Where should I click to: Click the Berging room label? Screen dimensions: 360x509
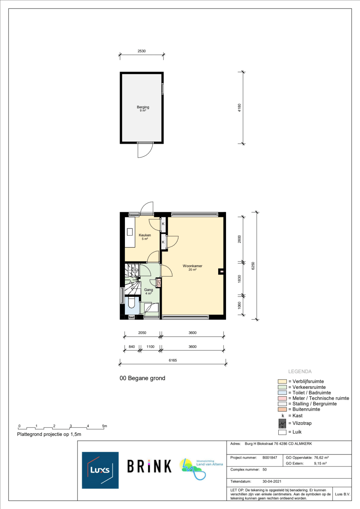(143, 107)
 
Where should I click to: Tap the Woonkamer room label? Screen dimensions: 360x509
(192, 266)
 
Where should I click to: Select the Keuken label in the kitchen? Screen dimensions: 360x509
(145, 235)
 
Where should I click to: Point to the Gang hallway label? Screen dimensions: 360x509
(149, 290)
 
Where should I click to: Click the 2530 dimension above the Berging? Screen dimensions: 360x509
(141, 51)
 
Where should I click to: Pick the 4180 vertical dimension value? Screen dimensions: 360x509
(239, 108)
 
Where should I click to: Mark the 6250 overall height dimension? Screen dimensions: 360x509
(253, 266)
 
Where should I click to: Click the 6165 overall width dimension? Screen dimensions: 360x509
(172, 360)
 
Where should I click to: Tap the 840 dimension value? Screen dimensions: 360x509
(132, 347)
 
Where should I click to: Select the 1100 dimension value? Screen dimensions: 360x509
(150, 347)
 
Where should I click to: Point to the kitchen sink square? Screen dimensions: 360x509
(130, 232)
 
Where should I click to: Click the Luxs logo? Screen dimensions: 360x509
(100, 470)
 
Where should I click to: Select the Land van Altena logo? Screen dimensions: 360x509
(201, 469)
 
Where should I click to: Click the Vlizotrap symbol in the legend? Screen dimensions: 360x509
(282, 423)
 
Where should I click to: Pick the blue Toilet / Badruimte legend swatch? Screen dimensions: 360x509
(282, 393)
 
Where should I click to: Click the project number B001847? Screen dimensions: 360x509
(270, 458)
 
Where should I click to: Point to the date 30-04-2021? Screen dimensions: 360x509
(272, 482)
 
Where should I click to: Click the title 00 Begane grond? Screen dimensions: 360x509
(142, 378)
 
